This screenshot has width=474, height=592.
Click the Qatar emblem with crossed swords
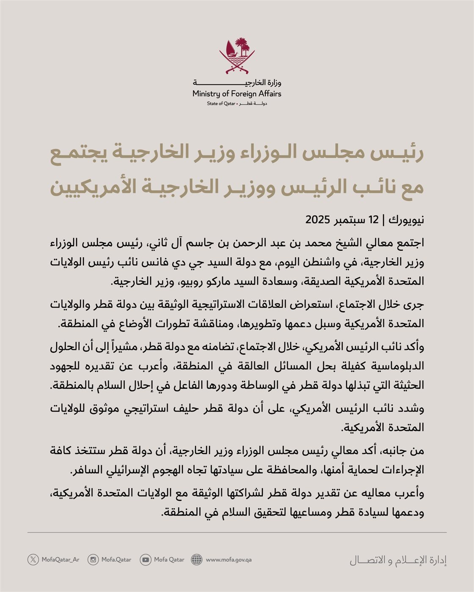(x=237, y=55)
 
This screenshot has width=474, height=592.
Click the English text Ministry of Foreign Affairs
(x=237, y=93)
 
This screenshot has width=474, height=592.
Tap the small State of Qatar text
(x=221, y=104)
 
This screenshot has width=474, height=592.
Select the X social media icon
(x=33, y=559)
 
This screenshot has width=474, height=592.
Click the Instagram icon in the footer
(x=93, y=559)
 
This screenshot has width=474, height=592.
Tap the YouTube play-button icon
(x=146, y=559)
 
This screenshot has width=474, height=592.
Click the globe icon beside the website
(x=197, y=559)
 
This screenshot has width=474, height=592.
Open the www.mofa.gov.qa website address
(x=229, y=559)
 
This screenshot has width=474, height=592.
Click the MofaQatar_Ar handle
(x=61, y=559)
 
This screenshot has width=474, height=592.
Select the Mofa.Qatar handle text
(x=116, y=559)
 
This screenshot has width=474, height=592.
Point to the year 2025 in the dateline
(x=317, y=220)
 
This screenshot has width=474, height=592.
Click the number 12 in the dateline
(x=374, y=220)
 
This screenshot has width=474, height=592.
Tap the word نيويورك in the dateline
(x=406, y=220)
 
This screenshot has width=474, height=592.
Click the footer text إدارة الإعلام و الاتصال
(x=398, y=560)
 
